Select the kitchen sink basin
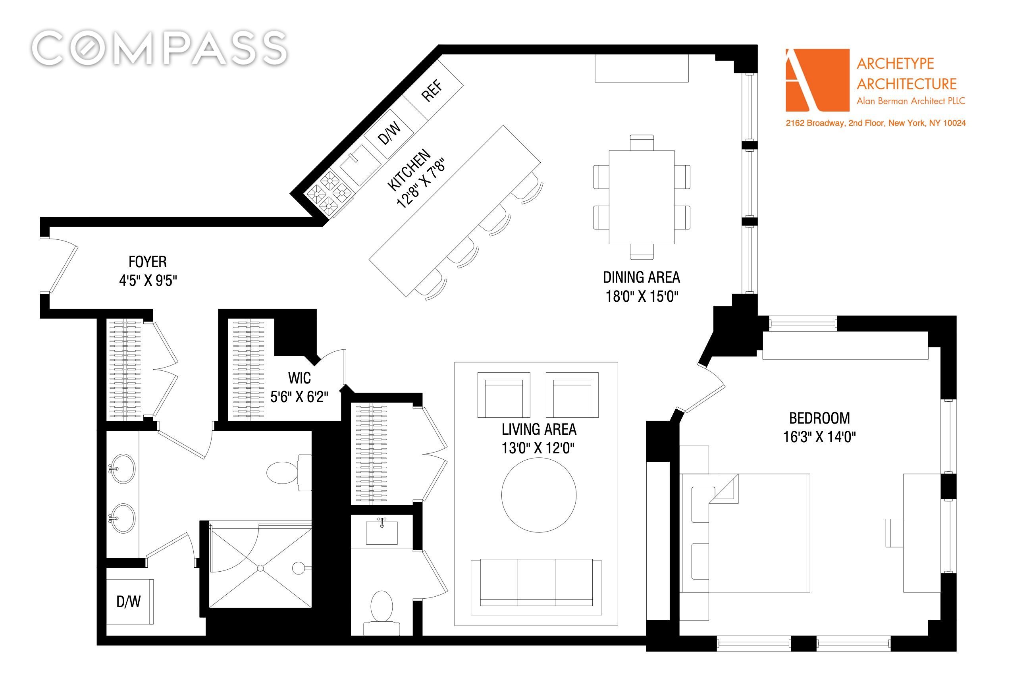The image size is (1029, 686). pos(361,164)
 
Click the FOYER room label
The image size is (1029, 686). pos(148,262)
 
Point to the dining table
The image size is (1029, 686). pos(642,197)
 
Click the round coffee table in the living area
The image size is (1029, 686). pos(539,495)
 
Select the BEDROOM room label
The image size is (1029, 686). pos(819,418)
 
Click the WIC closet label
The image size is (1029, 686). pos(299,378)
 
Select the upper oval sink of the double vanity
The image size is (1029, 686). pos(123,468)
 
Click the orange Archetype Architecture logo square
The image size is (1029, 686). pos(817,80)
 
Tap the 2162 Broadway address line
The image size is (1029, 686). pos(875,123)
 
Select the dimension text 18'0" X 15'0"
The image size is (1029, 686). pos(642,296)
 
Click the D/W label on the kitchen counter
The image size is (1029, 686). pos(389,133)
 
